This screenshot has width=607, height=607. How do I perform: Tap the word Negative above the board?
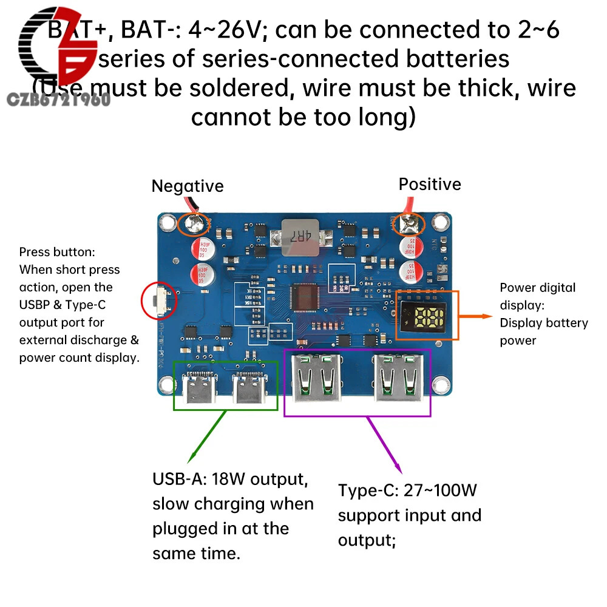(x=187, y=186)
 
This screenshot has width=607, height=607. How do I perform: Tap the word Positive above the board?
(x=429, y=184)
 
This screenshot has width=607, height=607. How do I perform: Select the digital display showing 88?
(x=424, y=316)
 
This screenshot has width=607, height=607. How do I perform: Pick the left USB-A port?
(x=316, y=380)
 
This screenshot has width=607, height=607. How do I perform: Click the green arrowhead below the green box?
(x=192, y=459)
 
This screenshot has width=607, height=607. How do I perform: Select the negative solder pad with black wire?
(x=194, y=225)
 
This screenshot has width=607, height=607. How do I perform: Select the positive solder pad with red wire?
(x=407, y=226)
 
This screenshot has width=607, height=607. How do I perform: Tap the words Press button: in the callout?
(x=57, y=252)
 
